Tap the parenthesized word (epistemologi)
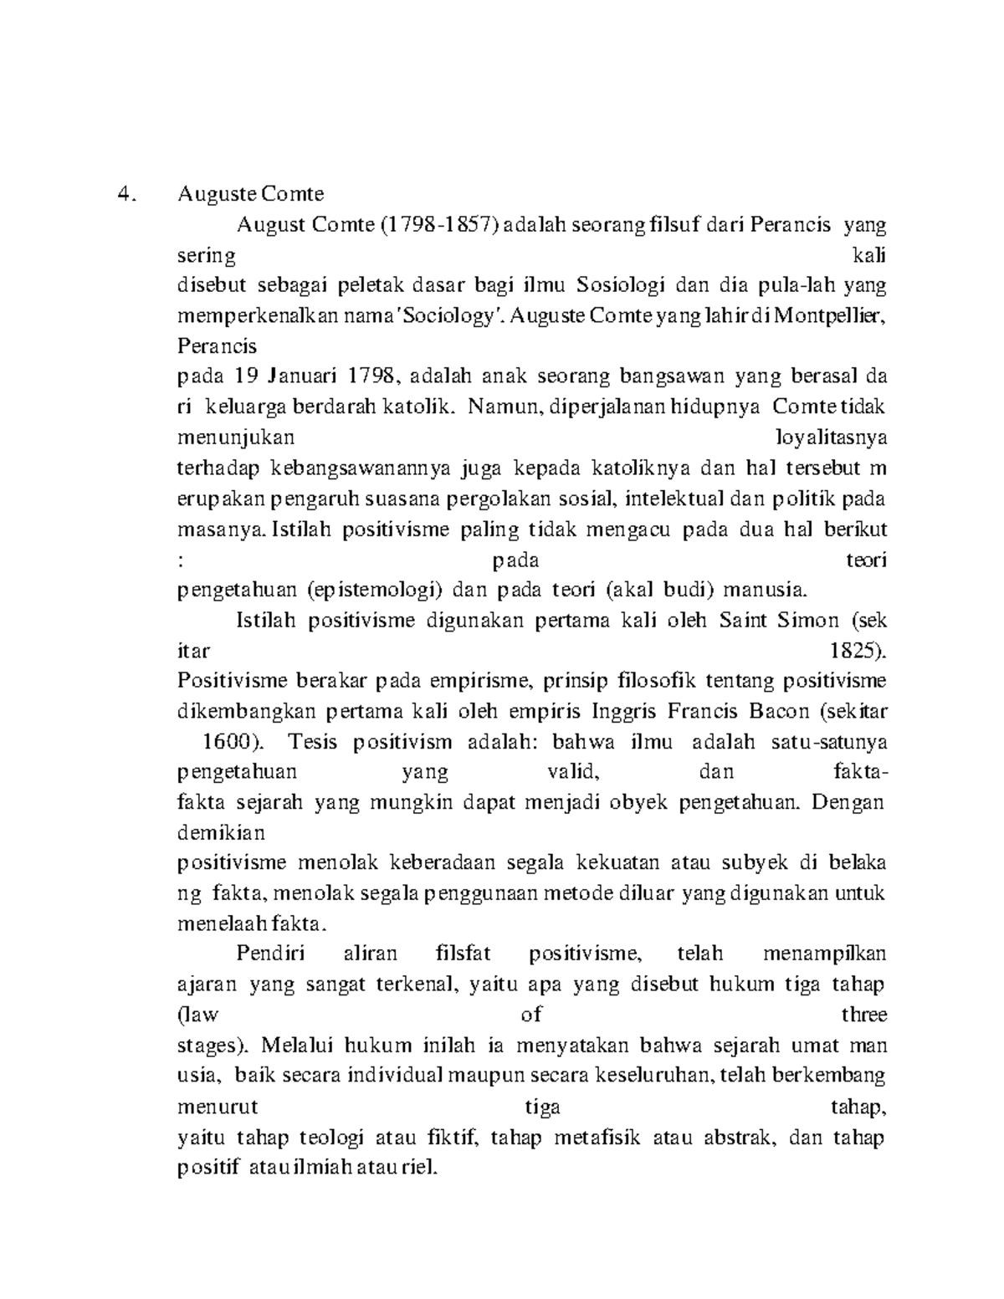374,590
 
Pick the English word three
864,1015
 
